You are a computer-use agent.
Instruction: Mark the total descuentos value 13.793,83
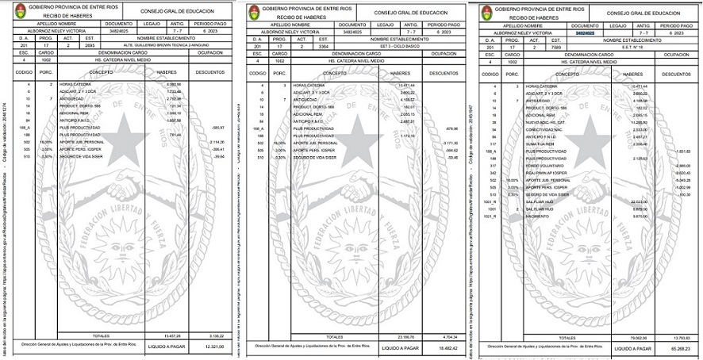(681, 336)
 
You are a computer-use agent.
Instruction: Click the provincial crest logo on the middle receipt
(254, 12)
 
